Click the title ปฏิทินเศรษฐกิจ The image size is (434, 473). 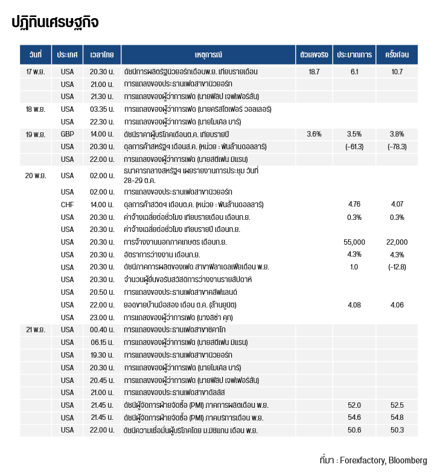(x=55, y=23)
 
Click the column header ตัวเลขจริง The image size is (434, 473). (x=313, y=54)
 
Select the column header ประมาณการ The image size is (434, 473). (x=354, y=54)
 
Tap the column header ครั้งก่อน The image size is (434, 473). (x=397, y=54)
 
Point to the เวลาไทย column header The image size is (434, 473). (x=101, y=54)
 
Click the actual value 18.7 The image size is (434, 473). (x=313, y=71)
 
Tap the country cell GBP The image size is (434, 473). (x=67, y=134)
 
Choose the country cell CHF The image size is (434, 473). (x=67, y=204)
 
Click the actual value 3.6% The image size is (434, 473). (x=313, y=134)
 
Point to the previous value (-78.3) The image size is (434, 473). (x=397, y=147)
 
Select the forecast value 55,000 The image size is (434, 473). (x=354, y=242)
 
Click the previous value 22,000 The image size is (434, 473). (x=397, y=242)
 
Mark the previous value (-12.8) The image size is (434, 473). (x=397, y=266)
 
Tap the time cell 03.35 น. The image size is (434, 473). (x=102, y=109)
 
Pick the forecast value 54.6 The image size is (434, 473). (x=354, y=417)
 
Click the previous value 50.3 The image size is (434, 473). (x=397, y=430)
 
